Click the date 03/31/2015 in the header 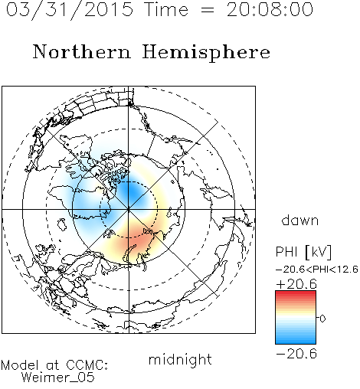[70, 10]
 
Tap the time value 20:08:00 [270, 10]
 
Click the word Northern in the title [82, 52]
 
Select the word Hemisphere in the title [206, 53]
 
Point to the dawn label [300, 221]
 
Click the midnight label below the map [180, 361]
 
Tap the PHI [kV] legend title [303, 252]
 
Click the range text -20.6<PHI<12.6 [317, 270]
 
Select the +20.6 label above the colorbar [296, 284]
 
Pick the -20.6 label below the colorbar [296, 354]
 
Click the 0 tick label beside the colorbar [322, 319]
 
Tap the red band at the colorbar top [296, 294]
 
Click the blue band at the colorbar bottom [296, 340]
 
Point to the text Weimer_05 [58, 378]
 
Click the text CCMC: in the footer [87, 365]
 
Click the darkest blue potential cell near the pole [132, 192]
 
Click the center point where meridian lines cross [129, 210]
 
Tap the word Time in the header [166, 10]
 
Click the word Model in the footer [20, 365]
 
